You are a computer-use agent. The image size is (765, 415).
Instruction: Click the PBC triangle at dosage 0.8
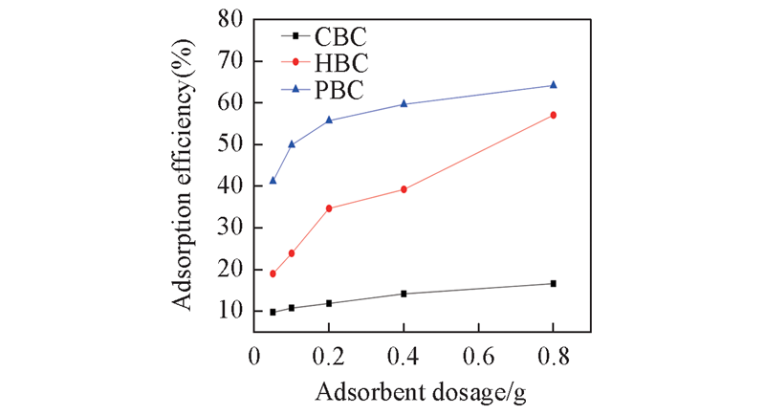[553, 85]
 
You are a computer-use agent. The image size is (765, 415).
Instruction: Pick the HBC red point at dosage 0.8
[553, 115]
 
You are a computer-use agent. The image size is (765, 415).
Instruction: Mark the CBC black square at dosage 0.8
[553, 283]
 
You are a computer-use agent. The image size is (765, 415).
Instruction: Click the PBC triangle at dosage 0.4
[404, 103]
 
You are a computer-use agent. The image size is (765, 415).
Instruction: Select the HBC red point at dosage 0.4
[404, 189]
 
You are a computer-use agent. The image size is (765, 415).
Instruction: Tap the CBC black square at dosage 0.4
[404, 294]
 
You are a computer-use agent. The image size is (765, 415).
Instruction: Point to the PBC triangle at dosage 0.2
[329, 120]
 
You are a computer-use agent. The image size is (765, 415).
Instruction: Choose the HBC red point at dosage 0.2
[329, 207]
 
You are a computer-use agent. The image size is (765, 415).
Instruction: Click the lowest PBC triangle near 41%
[273, 180]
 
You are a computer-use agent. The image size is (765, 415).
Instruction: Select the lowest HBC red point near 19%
[273, 273]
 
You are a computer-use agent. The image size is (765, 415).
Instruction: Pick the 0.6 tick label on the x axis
[477, 354]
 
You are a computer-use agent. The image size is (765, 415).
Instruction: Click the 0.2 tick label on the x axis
[329, 354]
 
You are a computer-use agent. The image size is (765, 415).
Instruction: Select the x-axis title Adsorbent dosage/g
[404, 392]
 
